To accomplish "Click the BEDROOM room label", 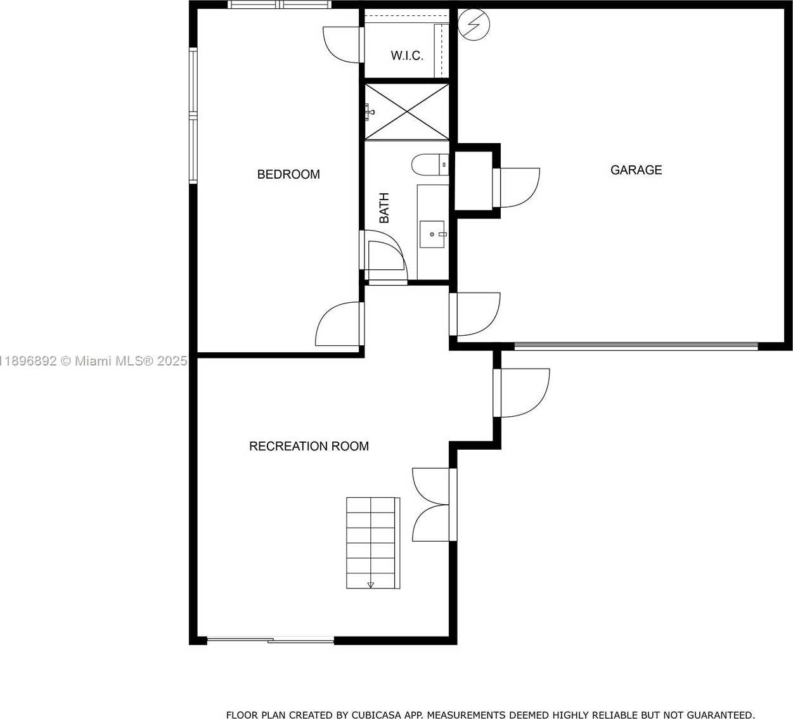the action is coord(288,174).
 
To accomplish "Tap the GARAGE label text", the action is coord(636,170).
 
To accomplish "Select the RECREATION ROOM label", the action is coord(309,446).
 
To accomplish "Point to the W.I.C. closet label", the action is coord(407,55).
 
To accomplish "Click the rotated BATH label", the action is coord(384,208).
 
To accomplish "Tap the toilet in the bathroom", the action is coord(430,165).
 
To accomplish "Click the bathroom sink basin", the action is coord(432,234).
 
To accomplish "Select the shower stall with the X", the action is coord(407,111).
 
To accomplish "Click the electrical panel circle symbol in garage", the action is coord(474,25).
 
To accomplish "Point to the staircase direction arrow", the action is coord(370,585).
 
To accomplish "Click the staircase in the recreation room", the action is coord(373,543).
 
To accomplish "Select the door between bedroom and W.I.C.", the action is coord(343,44).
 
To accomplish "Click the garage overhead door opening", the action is coord(636,347).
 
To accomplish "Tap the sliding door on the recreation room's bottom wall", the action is coord(271,640).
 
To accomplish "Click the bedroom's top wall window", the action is coord(280,4).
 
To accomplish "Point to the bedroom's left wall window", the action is coord(193,115).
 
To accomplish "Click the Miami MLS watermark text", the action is coord(93,360).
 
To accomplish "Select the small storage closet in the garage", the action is coord(474,181).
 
